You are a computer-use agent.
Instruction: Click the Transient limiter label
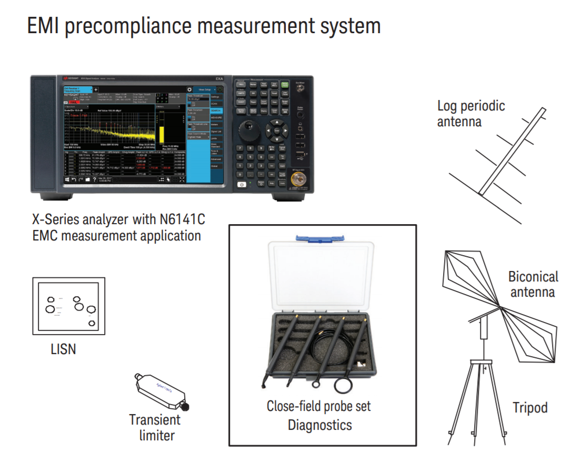pos(155,427)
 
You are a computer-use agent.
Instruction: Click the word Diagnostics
pos(319,425)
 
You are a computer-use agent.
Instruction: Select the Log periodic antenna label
pos(471,113)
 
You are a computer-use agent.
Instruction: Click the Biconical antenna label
pos(533,284)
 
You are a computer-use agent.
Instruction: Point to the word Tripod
pos(530,408)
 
